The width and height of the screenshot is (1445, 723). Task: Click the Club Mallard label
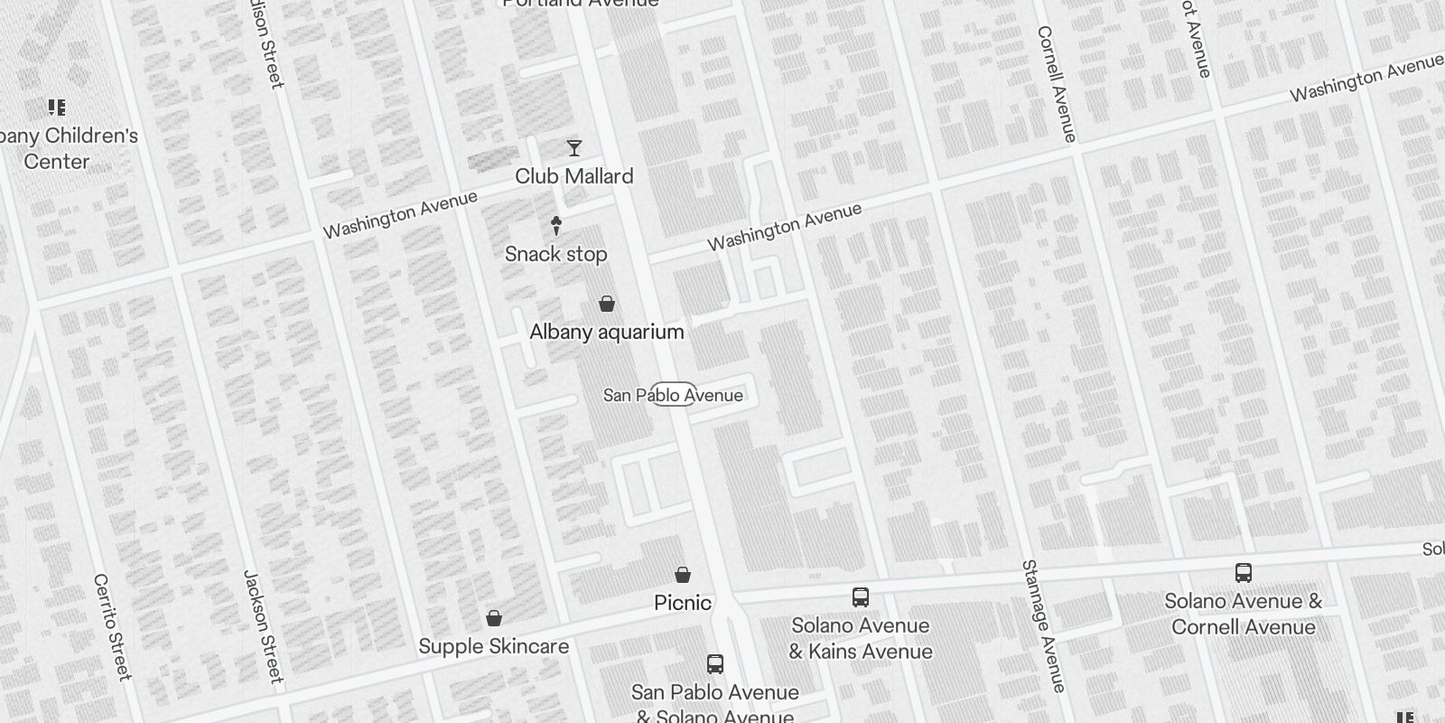[573, 176]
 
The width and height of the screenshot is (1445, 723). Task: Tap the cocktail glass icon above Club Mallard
[573, 148]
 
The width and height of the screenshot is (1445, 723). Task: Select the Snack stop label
[555, 254]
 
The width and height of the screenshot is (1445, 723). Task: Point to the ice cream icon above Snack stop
[555, 226]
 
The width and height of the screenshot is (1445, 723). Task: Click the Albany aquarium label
[606, 332]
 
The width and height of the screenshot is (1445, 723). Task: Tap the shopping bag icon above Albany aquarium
[607, 304]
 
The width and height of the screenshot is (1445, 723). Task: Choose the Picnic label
[683, 603]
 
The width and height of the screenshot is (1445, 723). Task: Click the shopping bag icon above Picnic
[683, 575]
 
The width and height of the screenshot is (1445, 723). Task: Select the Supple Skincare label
[493, 646]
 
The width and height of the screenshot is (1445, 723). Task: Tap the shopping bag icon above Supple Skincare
[493, 618]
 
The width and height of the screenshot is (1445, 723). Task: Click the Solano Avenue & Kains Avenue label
[860, 638]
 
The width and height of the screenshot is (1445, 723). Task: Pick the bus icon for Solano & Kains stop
[860, 597]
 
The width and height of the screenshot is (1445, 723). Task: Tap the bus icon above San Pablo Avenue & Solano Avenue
[714, 664]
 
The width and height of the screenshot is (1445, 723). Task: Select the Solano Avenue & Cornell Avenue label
[1243, 614]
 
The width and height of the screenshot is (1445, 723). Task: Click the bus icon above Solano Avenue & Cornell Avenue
[1243, 572]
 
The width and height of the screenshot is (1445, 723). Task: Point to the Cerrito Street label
[112, 626]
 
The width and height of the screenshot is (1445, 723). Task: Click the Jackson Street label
[263, 625]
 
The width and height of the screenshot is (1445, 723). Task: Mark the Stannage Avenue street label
[1043, 625]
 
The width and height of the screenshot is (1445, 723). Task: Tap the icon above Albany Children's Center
[57, 108]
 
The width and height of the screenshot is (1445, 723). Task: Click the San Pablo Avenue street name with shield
[673, 395]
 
